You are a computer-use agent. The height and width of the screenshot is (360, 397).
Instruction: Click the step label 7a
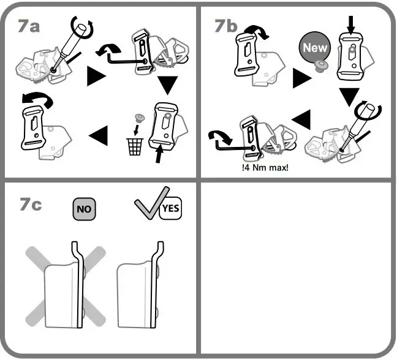pos(29,27)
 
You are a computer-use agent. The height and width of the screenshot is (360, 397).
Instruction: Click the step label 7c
pos(30,205)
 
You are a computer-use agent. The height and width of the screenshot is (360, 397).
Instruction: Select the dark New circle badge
pos(314,48)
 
